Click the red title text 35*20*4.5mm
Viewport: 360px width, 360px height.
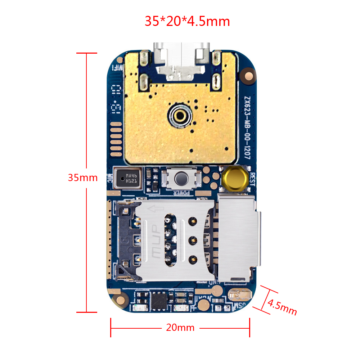[x=187, y=21]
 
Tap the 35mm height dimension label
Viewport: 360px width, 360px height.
[x=83, y=178]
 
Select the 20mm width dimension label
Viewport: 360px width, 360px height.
[x=180, y=328]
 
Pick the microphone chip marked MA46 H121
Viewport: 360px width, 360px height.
[x=128, y=178]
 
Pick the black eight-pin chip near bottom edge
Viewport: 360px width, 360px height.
[x=159, y=301]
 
